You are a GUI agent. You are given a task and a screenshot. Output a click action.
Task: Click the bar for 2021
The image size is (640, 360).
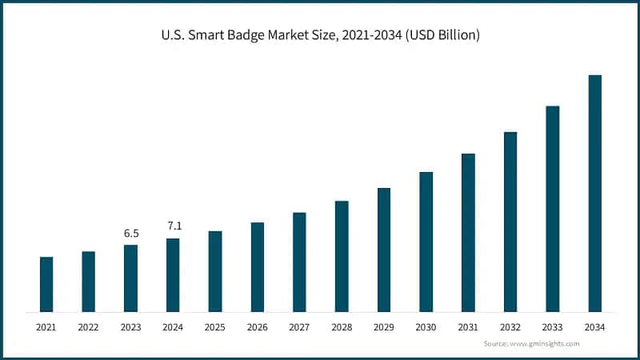coord(46,284)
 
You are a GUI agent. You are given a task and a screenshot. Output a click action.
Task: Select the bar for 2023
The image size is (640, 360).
coord(130,278)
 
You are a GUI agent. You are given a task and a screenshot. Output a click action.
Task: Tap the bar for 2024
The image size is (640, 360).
coord(173,274)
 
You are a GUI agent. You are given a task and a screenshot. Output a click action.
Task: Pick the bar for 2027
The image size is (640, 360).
coord(299,262)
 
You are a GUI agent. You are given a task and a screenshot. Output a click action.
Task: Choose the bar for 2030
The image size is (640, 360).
coord(426,242)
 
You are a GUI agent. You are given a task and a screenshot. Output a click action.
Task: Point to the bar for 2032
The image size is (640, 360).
coord(510,222)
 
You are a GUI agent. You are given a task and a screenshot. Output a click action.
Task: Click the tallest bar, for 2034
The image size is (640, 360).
coord(594,193)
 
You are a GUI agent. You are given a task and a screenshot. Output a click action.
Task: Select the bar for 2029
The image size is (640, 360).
coord(384,250)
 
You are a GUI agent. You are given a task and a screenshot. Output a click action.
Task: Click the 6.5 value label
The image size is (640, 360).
coord(131,233)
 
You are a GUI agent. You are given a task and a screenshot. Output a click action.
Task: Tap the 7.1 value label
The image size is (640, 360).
coord(174,226)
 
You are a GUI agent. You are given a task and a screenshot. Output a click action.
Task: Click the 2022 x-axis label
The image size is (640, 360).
coord(88,327)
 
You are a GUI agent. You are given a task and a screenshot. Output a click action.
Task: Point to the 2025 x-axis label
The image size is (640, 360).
coord(215,327)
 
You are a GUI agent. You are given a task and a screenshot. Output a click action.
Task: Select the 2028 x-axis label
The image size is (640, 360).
coord(342,327)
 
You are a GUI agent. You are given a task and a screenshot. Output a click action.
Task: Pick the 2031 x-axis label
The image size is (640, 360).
coord(468,327)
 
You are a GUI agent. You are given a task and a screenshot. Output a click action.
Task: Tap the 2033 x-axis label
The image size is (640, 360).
coord(552,327)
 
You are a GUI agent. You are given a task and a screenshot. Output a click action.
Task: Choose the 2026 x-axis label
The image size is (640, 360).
coord(257,327)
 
